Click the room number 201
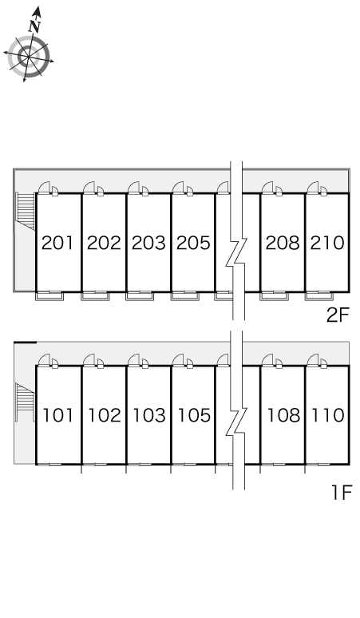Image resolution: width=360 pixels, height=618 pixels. [x=57, y=243]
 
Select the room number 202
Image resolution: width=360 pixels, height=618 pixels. [x=104, y=243]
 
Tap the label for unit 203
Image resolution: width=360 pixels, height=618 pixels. [x=148, y=243]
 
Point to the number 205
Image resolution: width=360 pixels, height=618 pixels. [x=193, y=243]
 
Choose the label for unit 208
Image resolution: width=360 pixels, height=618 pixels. [x=283, y=243]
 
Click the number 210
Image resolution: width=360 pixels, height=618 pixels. [x=327, y=243]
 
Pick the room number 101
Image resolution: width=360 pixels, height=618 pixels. [x=58, y=415]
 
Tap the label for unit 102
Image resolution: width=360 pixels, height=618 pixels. [x=104, y=415]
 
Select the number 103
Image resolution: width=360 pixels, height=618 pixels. [x=149, y=415]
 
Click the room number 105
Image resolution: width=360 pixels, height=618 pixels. [x=194, y=415]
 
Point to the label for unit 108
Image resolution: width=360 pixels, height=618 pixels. [x=283, y=415]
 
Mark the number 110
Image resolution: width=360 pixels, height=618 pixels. [x=328, y=415]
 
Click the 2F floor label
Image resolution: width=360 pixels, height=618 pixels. [x=338, y=315]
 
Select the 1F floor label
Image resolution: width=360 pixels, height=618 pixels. [x=341, y=493]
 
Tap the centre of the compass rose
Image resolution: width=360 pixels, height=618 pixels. [x=29, y=57]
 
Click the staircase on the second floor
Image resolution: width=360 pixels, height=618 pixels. [x=26, y=211]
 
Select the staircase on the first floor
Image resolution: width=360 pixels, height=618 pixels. [x=25, y=402]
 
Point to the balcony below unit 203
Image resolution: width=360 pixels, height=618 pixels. [x=140, y=296]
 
